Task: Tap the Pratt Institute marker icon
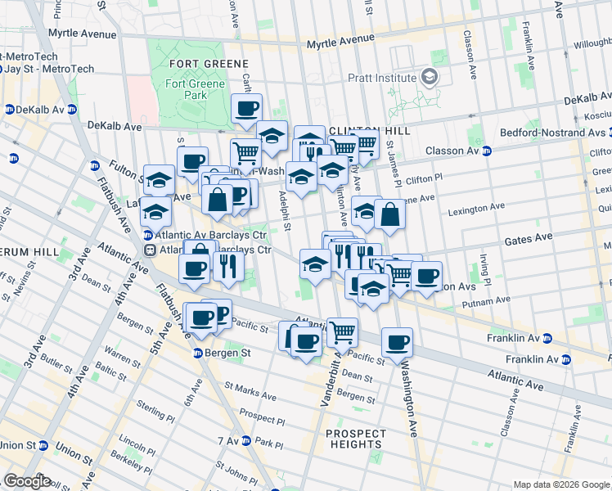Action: (x=429, y=78)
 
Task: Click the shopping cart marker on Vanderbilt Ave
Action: (x=342, y=331)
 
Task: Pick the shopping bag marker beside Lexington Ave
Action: (x=390, y=214)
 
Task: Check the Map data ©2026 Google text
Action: (x=560, y=484)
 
